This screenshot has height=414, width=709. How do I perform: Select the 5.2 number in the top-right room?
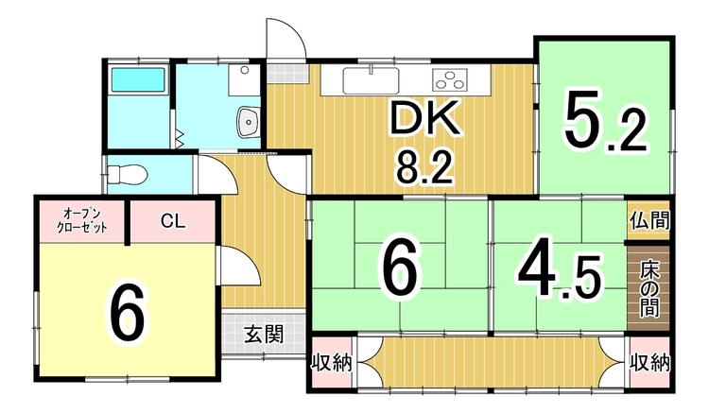[x=605, y=122]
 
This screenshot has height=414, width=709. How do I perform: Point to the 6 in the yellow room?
[x=128, y=313]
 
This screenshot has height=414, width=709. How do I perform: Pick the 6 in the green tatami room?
[x=399, y=269]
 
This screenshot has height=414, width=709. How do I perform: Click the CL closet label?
[x=172, y=222]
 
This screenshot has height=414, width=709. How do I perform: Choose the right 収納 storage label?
[x=650, y=361]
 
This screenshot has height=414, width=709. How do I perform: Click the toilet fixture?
[x=126, y=175]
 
